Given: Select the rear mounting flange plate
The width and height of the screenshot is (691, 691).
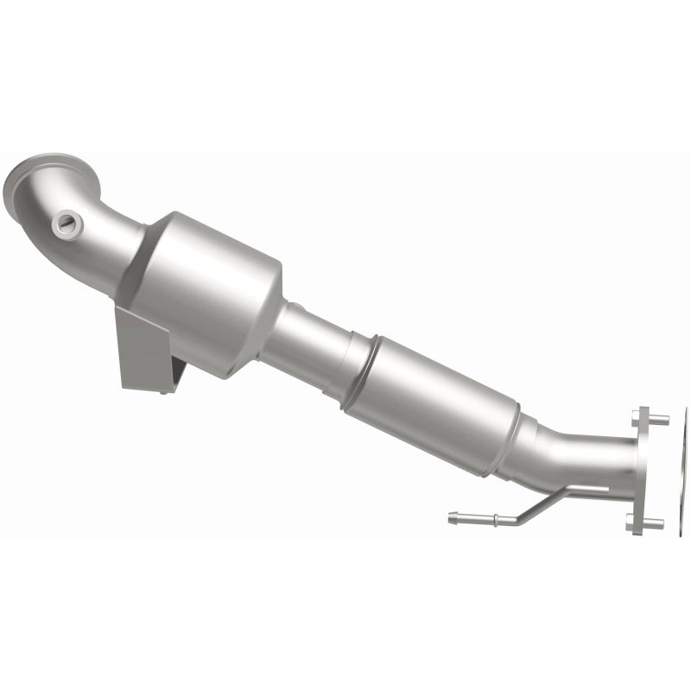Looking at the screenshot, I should click(x=642, y=471).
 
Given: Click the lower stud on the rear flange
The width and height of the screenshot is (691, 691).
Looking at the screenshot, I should click(x=652, y=523).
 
